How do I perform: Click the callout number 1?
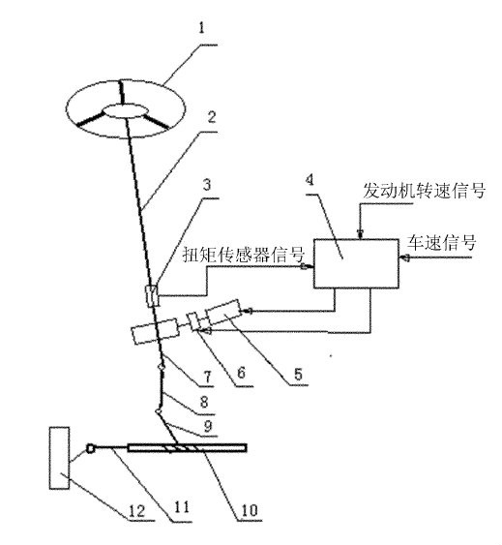pos(202,28)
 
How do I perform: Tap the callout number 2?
pos(212,117)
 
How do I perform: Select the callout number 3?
pos(207,184)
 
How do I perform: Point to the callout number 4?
pos(310,180)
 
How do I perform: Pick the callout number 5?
pos(299,374)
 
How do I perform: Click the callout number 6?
pos(242,373)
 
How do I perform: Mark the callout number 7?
pos(207,377)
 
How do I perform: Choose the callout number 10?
pos(250,510)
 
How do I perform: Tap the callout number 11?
pos(182,507)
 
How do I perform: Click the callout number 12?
pos(136,511)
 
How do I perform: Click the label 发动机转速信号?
pos(425,191)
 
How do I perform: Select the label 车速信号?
pos(442,242)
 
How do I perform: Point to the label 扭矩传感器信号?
pos(244,255)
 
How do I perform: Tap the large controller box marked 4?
pos(356,263)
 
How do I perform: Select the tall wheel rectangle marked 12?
pos(59,458)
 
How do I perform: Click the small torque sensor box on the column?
pos(152,295)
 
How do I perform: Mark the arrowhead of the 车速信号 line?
pos(404,257)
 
